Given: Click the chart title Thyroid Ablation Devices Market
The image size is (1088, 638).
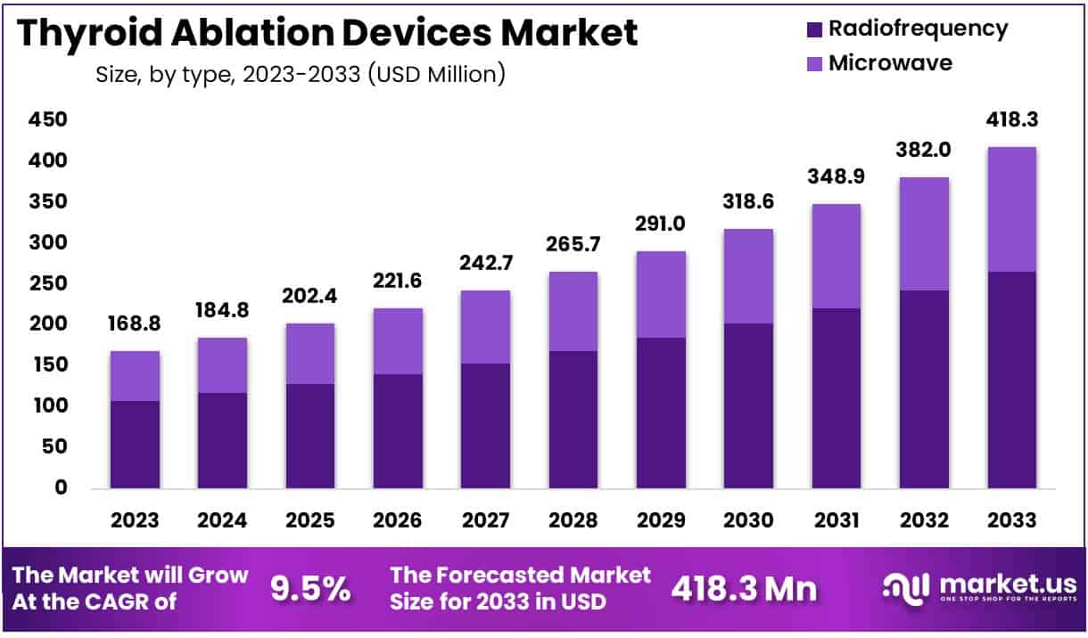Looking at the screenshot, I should pyautogui.click(x=327, y=33).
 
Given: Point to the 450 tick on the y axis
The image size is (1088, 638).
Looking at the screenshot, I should pyautogui.click(x=47, y=120).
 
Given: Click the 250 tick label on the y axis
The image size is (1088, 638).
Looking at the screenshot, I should pyautogui.click(x=47, y=283).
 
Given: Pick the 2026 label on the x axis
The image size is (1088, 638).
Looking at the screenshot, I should pyautogui.click(x=398, y=520).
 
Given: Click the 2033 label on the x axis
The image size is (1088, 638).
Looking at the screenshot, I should pyautogui.click(x=1011, y=520).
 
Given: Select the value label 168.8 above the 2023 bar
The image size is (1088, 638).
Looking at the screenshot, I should pyautogui.click(x=136, y=323).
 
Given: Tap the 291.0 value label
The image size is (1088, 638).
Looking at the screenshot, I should pyautogui.click(x=661, y=223).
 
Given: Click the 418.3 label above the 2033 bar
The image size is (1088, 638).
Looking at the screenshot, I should pyautogui.click(x=1012, y=119).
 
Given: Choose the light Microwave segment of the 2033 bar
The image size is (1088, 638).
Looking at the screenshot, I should pyautogui.click(x=1012, y=209).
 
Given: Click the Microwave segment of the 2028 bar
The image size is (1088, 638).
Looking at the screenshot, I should pyautogui.click(x=573, y=311).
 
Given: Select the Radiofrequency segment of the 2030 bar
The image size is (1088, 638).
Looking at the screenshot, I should pyautogui.click(x=748, y=405).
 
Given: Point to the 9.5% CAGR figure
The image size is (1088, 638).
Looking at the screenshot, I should pyautogui.click(x=310, y=589).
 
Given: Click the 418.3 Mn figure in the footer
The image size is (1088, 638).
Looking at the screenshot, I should pyautogui.click(x=743, y=589).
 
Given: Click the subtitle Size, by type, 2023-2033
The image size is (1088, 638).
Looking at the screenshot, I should pyautogui.click(x=301, y=74).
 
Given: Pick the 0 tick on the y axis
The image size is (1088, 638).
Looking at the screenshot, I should pyautogui.click(x=60, y=487).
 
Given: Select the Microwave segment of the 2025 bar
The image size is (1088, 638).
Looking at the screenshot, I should pyautogui.click(x=310, y=354).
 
